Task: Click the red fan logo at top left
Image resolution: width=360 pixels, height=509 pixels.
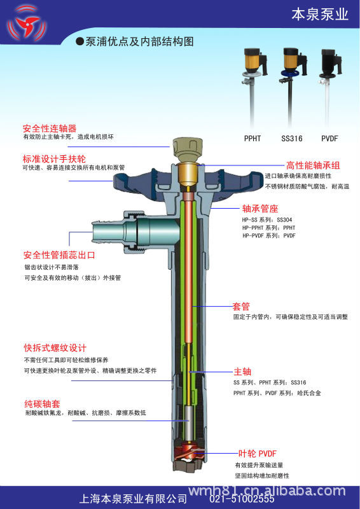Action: pos(27,24)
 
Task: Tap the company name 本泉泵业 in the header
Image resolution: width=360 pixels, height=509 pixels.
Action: pos(319,14)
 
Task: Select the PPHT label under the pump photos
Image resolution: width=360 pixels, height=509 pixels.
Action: pos(253,139)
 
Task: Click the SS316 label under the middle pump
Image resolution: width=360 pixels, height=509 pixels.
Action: pos(291,139)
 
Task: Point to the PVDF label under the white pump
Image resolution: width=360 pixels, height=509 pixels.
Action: pos(329,139)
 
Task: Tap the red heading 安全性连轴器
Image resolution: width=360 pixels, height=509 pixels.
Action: pos(50,129)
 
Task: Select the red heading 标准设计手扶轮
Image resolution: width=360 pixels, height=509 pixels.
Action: pos(54,159)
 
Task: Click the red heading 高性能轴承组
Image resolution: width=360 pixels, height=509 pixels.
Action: pos(313,165)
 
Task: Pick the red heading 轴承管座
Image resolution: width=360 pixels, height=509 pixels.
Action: pos(260,209)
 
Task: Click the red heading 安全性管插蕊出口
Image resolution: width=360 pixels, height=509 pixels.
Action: pos(59,255)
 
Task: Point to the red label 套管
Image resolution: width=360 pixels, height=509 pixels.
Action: pos(241,306)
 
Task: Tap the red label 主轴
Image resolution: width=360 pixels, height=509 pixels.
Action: pos(242,372)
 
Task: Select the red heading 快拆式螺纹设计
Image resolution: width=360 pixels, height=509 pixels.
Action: pos(55,348)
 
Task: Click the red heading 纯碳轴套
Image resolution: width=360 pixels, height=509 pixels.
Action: pos(42,404)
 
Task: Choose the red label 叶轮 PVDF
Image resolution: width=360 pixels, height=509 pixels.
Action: pos(258,454)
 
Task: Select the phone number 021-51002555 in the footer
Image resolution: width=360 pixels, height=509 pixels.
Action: pos(242,498)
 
